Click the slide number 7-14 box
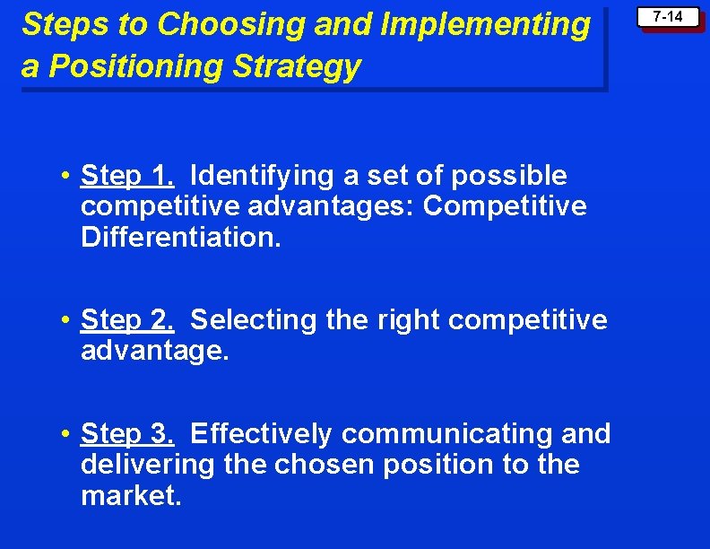pyautogui.click(x=667, y=17)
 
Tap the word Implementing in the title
pyautogui.click(x=485, y=25)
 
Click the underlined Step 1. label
pyautogui.click(x=126, y=175)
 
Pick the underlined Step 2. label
pyautogui.click(x=126, y=319)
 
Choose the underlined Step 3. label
pyautogui.click(x=126, y=434)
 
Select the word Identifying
pyautogui.click(x=259, y=175)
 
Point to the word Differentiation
pyautogui.click(x=180, y=238)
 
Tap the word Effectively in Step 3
pyautogui.click(x=261, y=434)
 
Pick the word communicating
pyautogui.click(x=449, y=434)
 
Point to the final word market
pyautogui.click(x=131, y=496)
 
